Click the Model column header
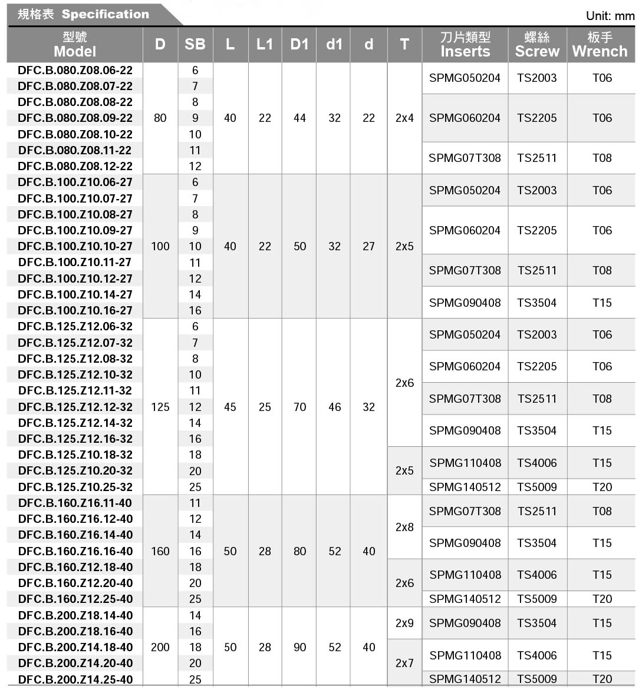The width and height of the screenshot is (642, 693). pos(75,45)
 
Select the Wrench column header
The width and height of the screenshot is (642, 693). pos(600,45)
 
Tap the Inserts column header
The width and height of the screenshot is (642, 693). pos(465,45)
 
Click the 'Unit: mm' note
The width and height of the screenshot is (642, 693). pos(610,16)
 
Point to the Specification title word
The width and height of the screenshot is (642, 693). pos(106,14)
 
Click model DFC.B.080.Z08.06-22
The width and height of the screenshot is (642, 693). pos(75,70)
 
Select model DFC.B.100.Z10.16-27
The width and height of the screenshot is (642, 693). pos(75,310)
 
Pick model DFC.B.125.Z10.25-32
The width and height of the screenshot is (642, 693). pos(75,487)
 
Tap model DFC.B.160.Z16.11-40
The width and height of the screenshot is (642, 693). pos(75,503)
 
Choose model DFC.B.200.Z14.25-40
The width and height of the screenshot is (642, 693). pos(75,679)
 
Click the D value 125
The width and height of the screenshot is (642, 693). pos(160,407)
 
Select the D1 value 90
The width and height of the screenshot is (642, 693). pos(299,647)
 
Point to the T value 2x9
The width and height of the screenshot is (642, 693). pos(404,623)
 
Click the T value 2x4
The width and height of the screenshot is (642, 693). pos(404,118)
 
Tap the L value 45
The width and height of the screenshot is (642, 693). pos(230,407)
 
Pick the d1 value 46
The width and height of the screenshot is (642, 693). pos(334,407)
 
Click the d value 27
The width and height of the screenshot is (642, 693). pos(368,246)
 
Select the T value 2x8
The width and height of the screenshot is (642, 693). pos(404,527)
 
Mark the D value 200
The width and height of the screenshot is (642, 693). pos(160,647)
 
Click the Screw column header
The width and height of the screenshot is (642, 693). pos(536,45)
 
